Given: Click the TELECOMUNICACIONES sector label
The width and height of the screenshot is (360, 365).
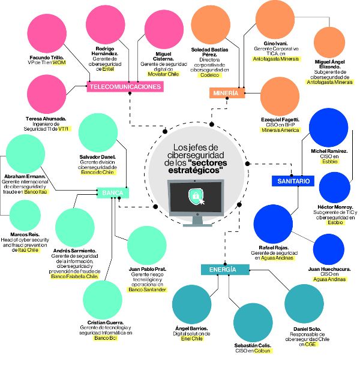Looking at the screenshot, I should [x=125, y=87].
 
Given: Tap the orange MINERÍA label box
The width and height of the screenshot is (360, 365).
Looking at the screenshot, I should [x=226, y=93].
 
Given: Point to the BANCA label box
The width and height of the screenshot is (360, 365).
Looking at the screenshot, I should [x=113, y=193].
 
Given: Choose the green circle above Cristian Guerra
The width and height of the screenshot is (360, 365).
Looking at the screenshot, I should [x=104, y=301].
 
